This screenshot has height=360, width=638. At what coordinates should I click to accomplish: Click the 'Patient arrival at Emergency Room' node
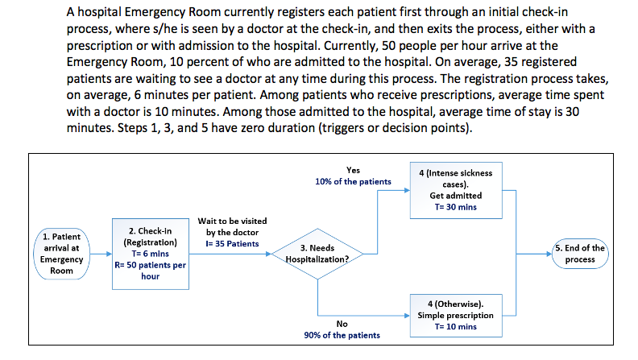[61, 253]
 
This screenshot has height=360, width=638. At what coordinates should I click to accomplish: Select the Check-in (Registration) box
[150, 253]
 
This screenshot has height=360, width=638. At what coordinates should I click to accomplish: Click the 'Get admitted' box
[456, 189]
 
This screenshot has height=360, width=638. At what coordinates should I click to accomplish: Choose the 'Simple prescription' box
[456, 315]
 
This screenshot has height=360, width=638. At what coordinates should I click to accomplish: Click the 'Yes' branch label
[353, 170]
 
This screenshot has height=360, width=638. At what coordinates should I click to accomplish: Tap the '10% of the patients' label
[353, 181]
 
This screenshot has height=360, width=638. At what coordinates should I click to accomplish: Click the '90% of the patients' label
[342, 335]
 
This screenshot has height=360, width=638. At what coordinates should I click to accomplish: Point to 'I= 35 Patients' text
[232, 243]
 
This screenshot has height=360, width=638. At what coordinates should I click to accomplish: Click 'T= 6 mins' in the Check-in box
[150, 253]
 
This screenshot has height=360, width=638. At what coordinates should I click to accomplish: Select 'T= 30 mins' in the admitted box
[456, 207]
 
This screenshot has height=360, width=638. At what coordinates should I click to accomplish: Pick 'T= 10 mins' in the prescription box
[456, 326]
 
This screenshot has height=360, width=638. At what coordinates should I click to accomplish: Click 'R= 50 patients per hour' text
[150, 270]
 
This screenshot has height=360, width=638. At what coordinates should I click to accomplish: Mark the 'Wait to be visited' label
[232, 221]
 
